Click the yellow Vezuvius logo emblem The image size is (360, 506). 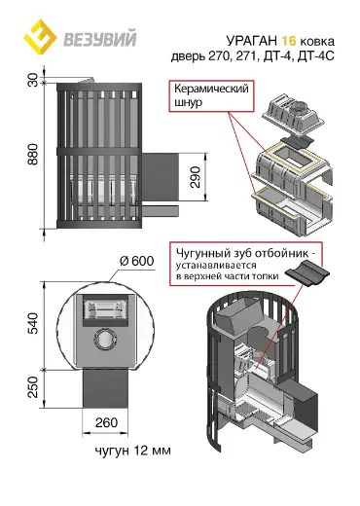40,36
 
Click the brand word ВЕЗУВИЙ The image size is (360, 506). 100,39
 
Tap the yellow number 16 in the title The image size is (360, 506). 289,41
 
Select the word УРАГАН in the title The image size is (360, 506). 252,41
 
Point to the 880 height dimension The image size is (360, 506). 33,155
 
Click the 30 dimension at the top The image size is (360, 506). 33,80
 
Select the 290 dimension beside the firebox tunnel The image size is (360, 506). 196,177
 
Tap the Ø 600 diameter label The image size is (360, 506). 136,261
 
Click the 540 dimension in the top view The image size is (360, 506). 33,323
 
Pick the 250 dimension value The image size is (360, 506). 33,387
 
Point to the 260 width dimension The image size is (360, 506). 106,422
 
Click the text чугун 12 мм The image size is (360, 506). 133,451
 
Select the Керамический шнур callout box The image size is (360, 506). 211,96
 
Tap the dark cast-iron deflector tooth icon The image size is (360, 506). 307,272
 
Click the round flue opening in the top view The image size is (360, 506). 105,340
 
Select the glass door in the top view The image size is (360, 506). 105,309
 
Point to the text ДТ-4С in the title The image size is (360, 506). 316,56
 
